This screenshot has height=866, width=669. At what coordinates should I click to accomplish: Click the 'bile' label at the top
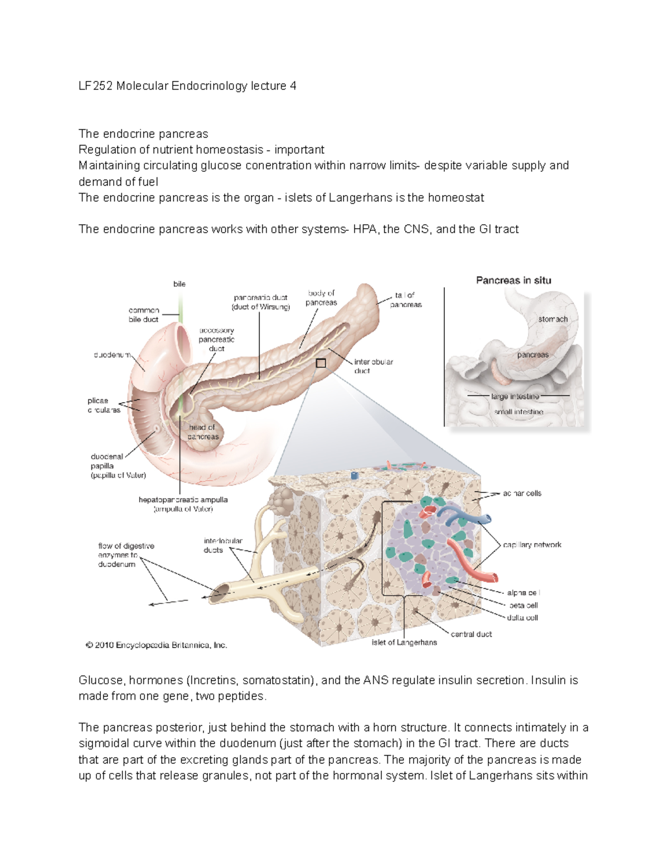(x=179, y=284)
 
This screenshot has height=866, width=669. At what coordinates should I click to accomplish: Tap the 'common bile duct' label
(x=143, y=315)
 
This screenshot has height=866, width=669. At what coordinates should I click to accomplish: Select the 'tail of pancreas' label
(x=406, y=299)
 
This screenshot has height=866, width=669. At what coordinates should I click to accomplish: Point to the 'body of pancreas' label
(x=321, y=298)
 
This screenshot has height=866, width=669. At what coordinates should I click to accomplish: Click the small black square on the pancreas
(x=321, y=363)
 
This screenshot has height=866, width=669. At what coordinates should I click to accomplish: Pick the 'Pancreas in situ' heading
(x=513, y=280)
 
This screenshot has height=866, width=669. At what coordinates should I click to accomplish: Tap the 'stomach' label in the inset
(x=552, y=319)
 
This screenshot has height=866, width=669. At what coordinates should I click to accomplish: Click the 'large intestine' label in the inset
(x=515, y=396)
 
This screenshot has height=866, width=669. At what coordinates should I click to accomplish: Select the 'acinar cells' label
(x=522, y=493)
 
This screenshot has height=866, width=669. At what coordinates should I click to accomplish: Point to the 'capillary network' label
(x=532, y=544)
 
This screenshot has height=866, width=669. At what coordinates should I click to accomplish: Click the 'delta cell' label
(x=522, y=617)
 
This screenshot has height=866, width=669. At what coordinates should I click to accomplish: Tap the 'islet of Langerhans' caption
(x=404, y=642)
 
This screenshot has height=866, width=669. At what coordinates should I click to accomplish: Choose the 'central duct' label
(x=471, y=634)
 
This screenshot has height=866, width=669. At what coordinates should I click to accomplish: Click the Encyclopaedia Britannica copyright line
(x=156, y=645)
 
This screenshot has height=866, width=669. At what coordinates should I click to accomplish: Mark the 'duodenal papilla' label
(x=118, y=466)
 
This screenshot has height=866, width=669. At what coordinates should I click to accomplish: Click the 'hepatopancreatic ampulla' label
(x=183, y=504)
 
